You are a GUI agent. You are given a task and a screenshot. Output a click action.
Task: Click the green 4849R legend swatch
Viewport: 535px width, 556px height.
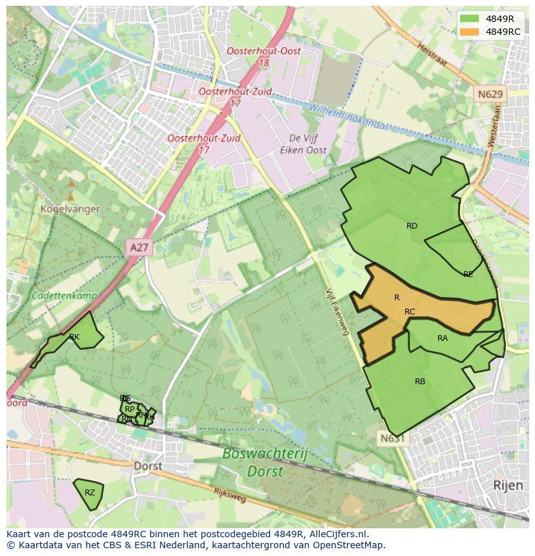tap(470, 19)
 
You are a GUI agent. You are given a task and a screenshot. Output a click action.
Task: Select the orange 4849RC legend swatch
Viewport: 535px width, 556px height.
tap(470, 32)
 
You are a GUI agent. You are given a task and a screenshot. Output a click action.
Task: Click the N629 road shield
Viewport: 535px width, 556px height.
tap(490, 94)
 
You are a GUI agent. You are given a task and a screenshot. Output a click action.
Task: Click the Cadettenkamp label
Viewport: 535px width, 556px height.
tap(64, 296)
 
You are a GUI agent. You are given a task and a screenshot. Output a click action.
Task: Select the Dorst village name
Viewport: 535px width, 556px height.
tap(147, 466)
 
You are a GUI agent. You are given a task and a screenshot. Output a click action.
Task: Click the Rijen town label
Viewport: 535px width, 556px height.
tap(507, 484)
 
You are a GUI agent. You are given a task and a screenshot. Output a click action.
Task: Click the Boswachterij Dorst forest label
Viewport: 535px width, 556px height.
tap(265, 462)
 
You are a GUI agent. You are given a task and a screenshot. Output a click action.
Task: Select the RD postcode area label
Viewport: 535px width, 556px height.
tap(412, 226)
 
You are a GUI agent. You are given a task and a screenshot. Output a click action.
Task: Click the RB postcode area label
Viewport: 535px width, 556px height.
tap(420, 382)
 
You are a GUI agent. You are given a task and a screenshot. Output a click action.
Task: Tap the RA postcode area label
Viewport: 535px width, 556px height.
tap(443, 338)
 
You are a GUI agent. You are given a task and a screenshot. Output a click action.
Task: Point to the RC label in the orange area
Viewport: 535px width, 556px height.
tap(410, 312)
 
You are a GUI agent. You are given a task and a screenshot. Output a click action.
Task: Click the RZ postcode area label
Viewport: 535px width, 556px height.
tap(90, 493)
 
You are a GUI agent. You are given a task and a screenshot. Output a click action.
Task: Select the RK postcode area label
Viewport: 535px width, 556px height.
tap(74, 337)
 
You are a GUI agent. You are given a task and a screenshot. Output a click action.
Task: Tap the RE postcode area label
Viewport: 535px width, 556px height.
tap(468, 274)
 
